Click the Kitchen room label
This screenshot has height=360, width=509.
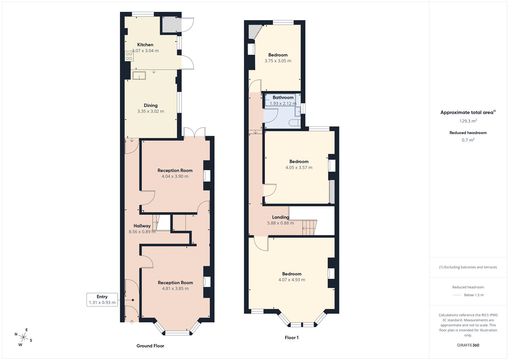(145, 45)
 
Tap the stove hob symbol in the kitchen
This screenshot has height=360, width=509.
(129, 56)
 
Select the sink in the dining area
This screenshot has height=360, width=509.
(139, 75)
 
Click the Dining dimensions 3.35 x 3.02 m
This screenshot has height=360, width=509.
(150, 111)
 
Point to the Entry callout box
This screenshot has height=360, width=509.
(102, 300)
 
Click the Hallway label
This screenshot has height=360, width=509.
(142, 226)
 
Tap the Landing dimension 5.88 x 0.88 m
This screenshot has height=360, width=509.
(280, 223)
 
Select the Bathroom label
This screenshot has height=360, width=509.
(283, 97)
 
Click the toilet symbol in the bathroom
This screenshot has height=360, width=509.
(295, 123)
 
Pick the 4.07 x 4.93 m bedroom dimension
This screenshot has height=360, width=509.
(291, 280)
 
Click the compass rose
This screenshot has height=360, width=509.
(23, 337)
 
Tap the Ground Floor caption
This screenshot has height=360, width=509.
(150, 346)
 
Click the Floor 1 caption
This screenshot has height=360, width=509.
(291, 337)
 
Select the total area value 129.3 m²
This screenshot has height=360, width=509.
(468, 121)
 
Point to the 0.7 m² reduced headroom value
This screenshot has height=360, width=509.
(468, 140)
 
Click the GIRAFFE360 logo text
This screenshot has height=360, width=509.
(468, 345)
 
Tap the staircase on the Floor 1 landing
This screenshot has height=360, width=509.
(309, 228)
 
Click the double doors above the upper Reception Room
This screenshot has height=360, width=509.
(194, 132)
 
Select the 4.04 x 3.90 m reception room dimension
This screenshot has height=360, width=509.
(175, 176)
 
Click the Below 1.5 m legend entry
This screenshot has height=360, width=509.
(473, 295)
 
